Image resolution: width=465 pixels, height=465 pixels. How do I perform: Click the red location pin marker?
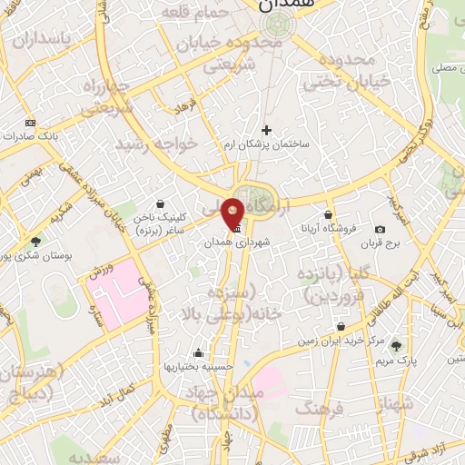(x=233, y=212)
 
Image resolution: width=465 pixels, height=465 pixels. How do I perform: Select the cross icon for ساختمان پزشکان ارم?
(x=266, y=130)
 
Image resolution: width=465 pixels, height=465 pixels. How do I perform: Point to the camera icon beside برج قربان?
(x=380, y=229)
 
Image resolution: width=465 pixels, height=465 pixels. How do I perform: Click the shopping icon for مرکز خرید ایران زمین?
(x=341, y=327)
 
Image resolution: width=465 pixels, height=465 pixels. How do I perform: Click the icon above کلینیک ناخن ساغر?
(x=161, y=204)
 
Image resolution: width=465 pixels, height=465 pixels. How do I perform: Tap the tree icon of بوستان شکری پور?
(x=35, y=241)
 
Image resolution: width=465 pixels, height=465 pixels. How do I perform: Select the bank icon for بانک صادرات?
(x=31, y=123)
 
